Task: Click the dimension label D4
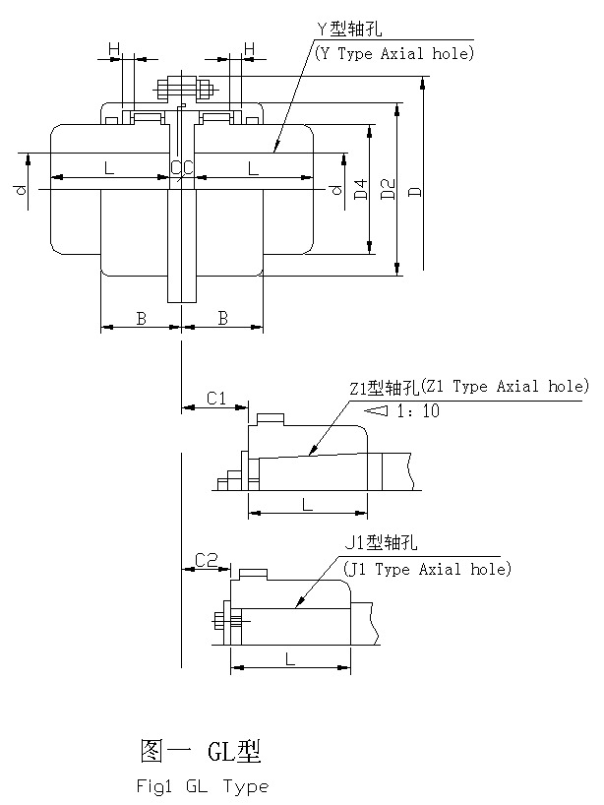(x=361, y=189)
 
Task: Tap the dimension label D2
(x=389, y=189)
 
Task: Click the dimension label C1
(x=216, y=398)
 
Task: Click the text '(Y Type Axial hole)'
(x=393, y=54)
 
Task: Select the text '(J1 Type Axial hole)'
(x=427, y=569)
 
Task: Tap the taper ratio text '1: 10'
(x=418, y=411)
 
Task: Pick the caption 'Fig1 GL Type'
(x=202, y=786)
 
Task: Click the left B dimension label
(x=141, y=318)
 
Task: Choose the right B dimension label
(x=223, y=318)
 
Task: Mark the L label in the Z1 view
(x=308, y=504)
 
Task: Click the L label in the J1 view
(x=290, y=659)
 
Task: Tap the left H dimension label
(x=113, y=48)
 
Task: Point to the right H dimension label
(x=249, y=48)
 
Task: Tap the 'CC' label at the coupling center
(x=181, y=168)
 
